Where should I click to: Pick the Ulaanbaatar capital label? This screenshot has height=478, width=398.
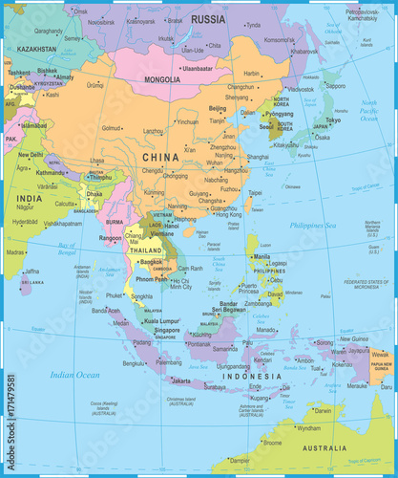point(197,68)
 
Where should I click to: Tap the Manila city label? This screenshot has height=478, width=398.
point(263,256)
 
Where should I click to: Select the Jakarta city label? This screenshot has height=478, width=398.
point(181,380)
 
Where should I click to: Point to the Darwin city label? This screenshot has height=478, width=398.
point(324,410)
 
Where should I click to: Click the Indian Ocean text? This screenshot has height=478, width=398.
point(74,375)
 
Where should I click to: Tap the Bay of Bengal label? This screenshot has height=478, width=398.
point(67,246)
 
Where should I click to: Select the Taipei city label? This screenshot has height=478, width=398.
point(255,192)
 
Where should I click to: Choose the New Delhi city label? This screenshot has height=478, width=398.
point(31,154)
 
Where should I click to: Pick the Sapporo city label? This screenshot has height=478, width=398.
point(335,84)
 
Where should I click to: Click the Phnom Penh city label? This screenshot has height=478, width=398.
point(154,278)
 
